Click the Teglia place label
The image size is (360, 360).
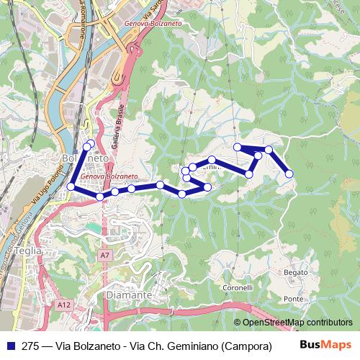point(28,251)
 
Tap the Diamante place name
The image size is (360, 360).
point(127,295)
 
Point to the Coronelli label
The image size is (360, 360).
point(238,287)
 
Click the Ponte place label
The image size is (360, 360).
point(293,299)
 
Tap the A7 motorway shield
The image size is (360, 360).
point(106,255)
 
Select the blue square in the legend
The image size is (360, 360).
point(11,346)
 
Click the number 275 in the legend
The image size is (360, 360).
point(30,346)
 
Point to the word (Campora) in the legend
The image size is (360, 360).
point(247,346)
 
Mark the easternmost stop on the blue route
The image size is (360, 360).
point(289,174)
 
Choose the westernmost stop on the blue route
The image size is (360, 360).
point(71,187)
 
